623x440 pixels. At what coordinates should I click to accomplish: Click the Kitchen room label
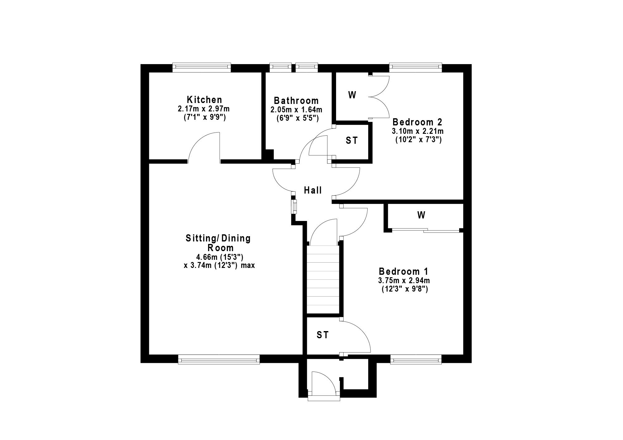(204, 100)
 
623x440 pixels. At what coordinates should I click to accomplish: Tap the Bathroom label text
(296, 101)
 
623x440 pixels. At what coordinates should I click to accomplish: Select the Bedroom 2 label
(417, 122)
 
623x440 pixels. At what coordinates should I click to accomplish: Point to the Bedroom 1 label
(403, 271)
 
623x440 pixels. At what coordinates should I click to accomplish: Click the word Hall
(313, 190)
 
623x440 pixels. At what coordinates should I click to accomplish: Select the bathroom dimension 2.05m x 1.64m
(296, 110)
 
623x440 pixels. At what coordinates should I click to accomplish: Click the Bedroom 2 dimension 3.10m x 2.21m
(418, 131)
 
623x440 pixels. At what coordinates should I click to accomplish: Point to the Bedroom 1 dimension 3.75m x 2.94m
(404, 280)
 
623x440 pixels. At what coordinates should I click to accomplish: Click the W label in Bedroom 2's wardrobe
(352, 95)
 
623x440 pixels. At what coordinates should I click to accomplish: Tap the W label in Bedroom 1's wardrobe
(421, 215)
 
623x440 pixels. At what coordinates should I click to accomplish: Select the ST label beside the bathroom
(352, 141)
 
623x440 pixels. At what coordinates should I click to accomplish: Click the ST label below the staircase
(322, 335)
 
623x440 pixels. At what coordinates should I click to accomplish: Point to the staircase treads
(323, 279)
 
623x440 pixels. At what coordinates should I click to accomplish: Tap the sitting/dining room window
(219, 360)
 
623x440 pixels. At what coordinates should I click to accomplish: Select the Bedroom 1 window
(416, 360)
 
